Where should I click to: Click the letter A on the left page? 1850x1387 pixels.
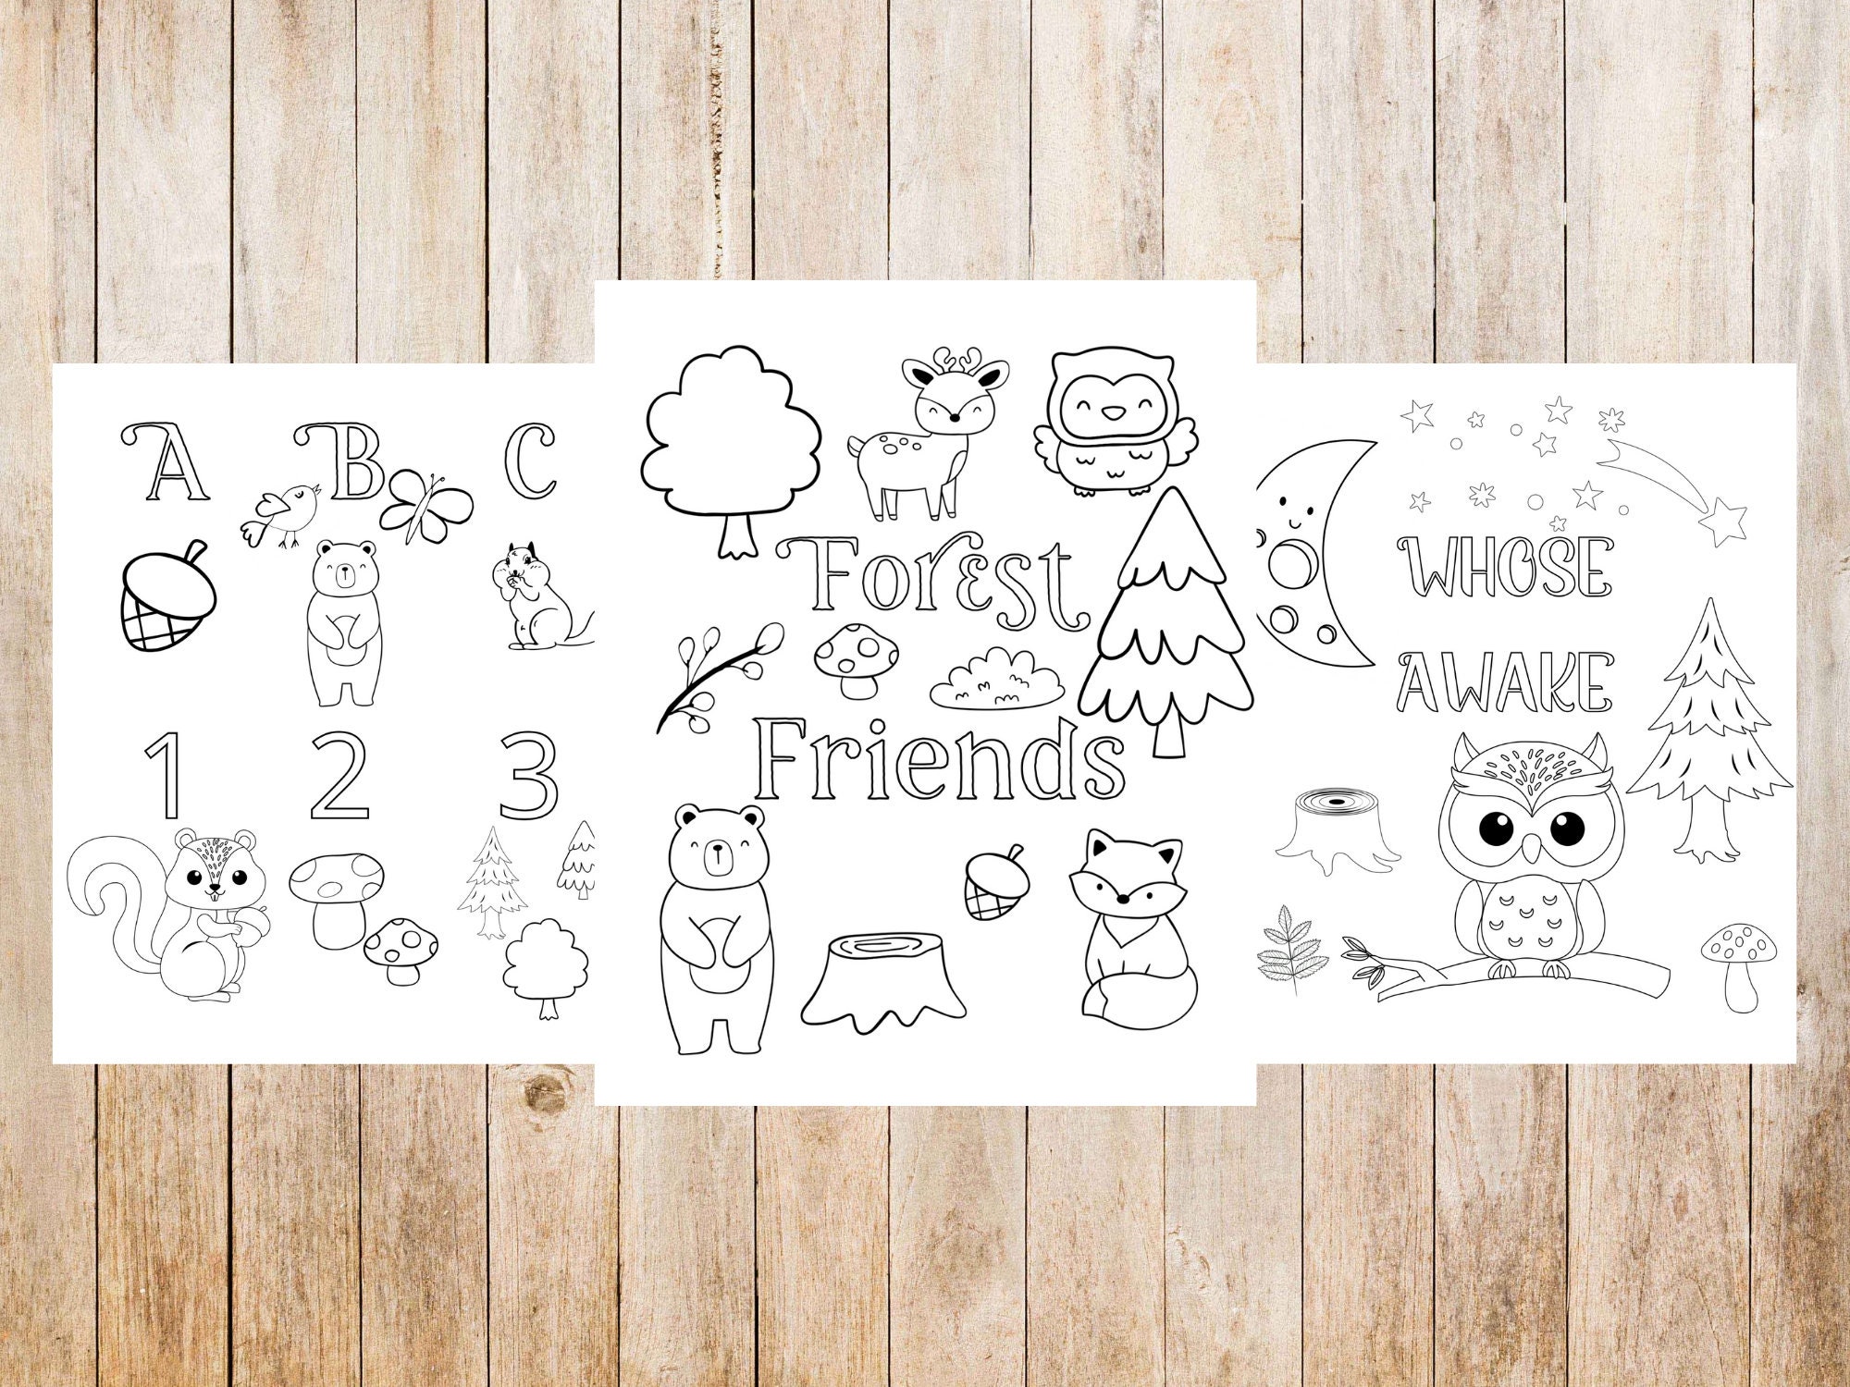point(166,462)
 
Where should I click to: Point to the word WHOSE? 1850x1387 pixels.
point(1506,567)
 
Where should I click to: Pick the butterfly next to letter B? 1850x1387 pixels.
point(425,504)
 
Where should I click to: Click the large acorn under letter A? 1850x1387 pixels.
point(168,596)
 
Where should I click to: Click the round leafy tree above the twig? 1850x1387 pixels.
point(731,435)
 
